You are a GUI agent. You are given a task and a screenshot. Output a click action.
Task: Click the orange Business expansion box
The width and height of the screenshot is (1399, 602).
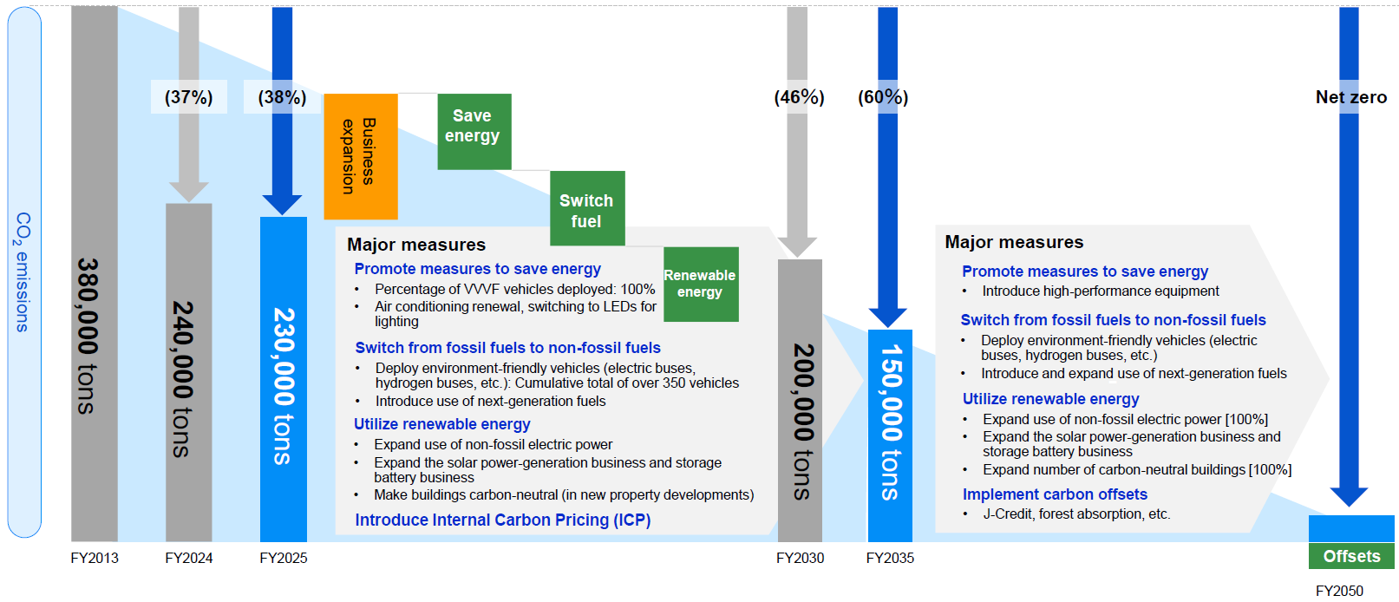pyautogui.click(x=360, y=156)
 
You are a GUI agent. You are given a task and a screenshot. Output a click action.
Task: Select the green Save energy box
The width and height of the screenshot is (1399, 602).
pyautogui.click(x=474, y=132)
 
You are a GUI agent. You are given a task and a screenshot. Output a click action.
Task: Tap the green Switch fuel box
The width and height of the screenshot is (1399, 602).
pyautogui.click(x=587, y=208)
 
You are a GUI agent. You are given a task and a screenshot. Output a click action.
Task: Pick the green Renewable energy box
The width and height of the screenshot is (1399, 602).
pyautogui.click(x=701, y=285)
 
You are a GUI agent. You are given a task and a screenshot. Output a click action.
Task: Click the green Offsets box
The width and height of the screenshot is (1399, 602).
pyautogui.click(x=1351, y=556)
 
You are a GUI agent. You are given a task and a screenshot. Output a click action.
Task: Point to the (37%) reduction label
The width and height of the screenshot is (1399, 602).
pyautogui.click(x=188, y=97)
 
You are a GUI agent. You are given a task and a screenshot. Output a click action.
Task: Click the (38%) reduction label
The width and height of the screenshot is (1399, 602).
pyautogui.click(x=282, y=97)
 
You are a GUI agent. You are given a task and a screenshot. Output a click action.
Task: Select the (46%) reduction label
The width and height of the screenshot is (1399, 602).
pyautogui.click(x=799, y=97)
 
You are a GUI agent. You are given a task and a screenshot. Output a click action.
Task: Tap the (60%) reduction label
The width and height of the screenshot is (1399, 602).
pyautogui.click(x=883, y=97)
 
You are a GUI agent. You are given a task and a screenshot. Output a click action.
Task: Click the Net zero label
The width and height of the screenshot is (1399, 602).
pyautogui.click(x=1351, y=97)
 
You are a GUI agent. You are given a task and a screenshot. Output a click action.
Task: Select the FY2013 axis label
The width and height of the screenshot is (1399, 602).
pyautogui.click(x=95, y=558)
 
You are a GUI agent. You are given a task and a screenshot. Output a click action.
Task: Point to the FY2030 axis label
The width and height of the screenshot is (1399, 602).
pyautogui.click(x=800, y=558)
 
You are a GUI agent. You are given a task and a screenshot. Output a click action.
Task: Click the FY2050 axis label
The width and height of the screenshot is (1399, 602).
pyautogui.click(x=1340, y=591)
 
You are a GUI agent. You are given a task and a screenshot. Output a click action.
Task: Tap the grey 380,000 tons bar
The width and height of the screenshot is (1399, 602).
pyautogui.click(x=95, y=273)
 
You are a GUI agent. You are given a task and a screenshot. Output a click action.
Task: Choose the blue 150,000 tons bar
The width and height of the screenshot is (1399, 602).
pyautogui.click(x=890, y=435)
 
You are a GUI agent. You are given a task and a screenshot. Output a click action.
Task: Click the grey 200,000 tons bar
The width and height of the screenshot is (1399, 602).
pyautogui.click(x=800, y=400)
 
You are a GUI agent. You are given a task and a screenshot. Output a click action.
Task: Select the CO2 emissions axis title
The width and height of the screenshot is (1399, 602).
pyautogui.click(x=23, y=272)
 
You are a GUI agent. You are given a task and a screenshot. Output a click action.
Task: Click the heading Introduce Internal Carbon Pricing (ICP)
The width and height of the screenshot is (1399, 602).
pyautogui.click(x=503, y=520)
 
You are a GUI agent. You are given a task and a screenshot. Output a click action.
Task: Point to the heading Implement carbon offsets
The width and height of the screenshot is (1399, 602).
pyautogui.click(x=1055, y=494)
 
